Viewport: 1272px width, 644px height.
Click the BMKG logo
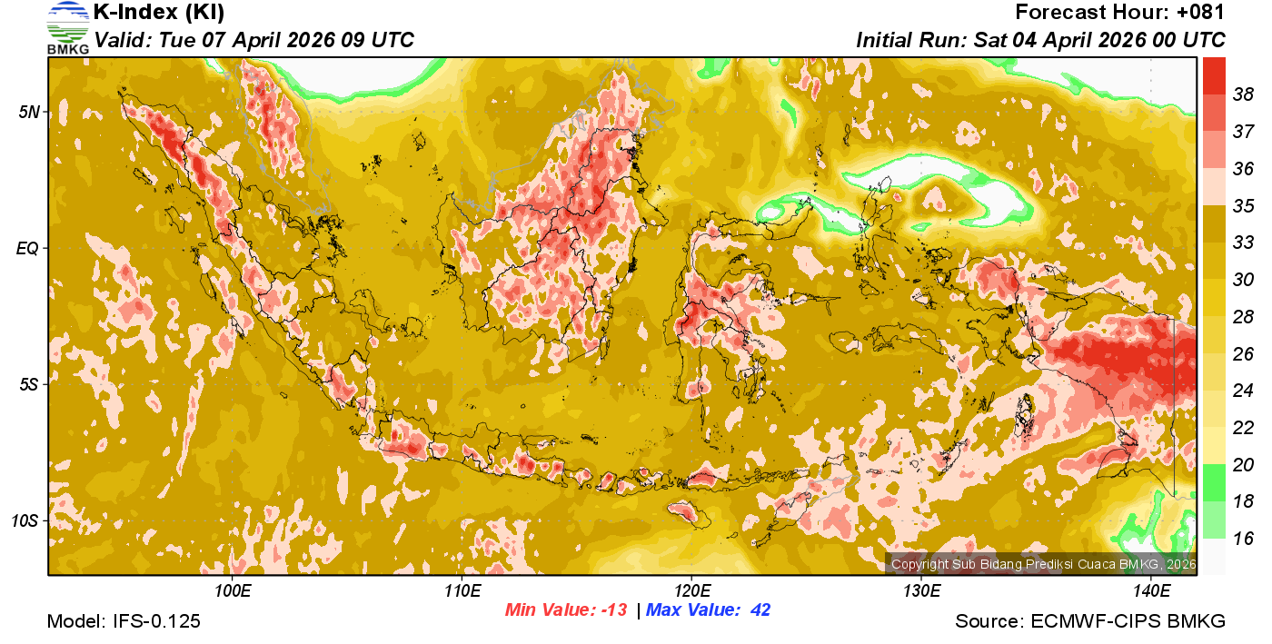pyautogui.click(x=67, y=27)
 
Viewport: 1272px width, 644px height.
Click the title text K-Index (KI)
pyautogui.click(x=159, y=13)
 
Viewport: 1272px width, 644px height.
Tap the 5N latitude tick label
pyautogui.click(x=29, y=112)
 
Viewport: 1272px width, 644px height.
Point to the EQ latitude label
pyautogui.click(x=27, y=248)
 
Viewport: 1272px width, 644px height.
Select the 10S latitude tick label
pyautogui.click(x=25, y=521)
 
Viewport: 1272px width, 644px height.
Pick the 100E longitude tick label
pyautogui.click(x=233, y=592)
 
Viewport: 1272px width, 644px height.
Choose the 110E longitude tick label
pyautogui.click(x=462, y=592)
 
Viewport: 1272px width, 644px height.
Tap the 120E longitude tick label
pyautogui.click(x=691, y=592)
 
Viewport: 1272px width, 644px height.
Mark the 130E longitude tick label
pyautogui.click(x=921, y=592)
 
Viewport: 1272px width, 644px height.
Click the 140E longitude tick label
pyautogui.click(x=1151, y=592)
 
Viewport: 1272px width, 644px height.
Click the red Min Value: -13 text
pyautogui.click(x=566, y=610)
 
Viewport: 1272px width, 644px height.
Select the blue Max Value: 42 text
pyautogui.click(x=709, y=610)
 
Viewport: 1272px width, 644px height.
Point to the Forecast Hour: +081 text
pyautogui.click(x=1120, y=13)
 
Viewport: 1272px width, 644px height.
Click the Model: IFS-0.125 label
pyautogui.click(x=124, y=622)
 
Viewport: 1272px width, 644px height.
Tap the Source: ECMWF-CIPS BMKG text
pyautogui.click(x=1090, y=622)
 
